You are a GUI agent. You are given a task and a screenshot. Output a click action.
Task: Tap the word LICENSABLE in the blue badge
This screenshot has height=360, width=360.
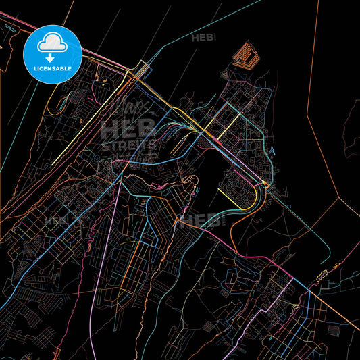pos(53,68)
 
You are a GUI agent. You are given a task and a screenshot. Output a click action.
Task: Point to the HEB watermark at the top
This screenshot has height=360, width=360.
pos(203,38)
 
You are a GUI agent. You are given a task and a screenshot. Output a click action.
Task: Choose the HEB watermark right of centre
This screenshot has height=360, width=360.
pos(203,220)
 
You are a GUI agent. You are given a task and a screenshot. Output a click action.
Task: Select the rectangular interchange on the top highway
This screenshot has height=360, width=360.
pos(142,68)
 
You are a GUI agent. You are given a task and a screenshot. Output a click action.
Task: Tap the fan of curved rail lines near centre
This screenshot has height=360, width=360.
pos(179,128)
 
